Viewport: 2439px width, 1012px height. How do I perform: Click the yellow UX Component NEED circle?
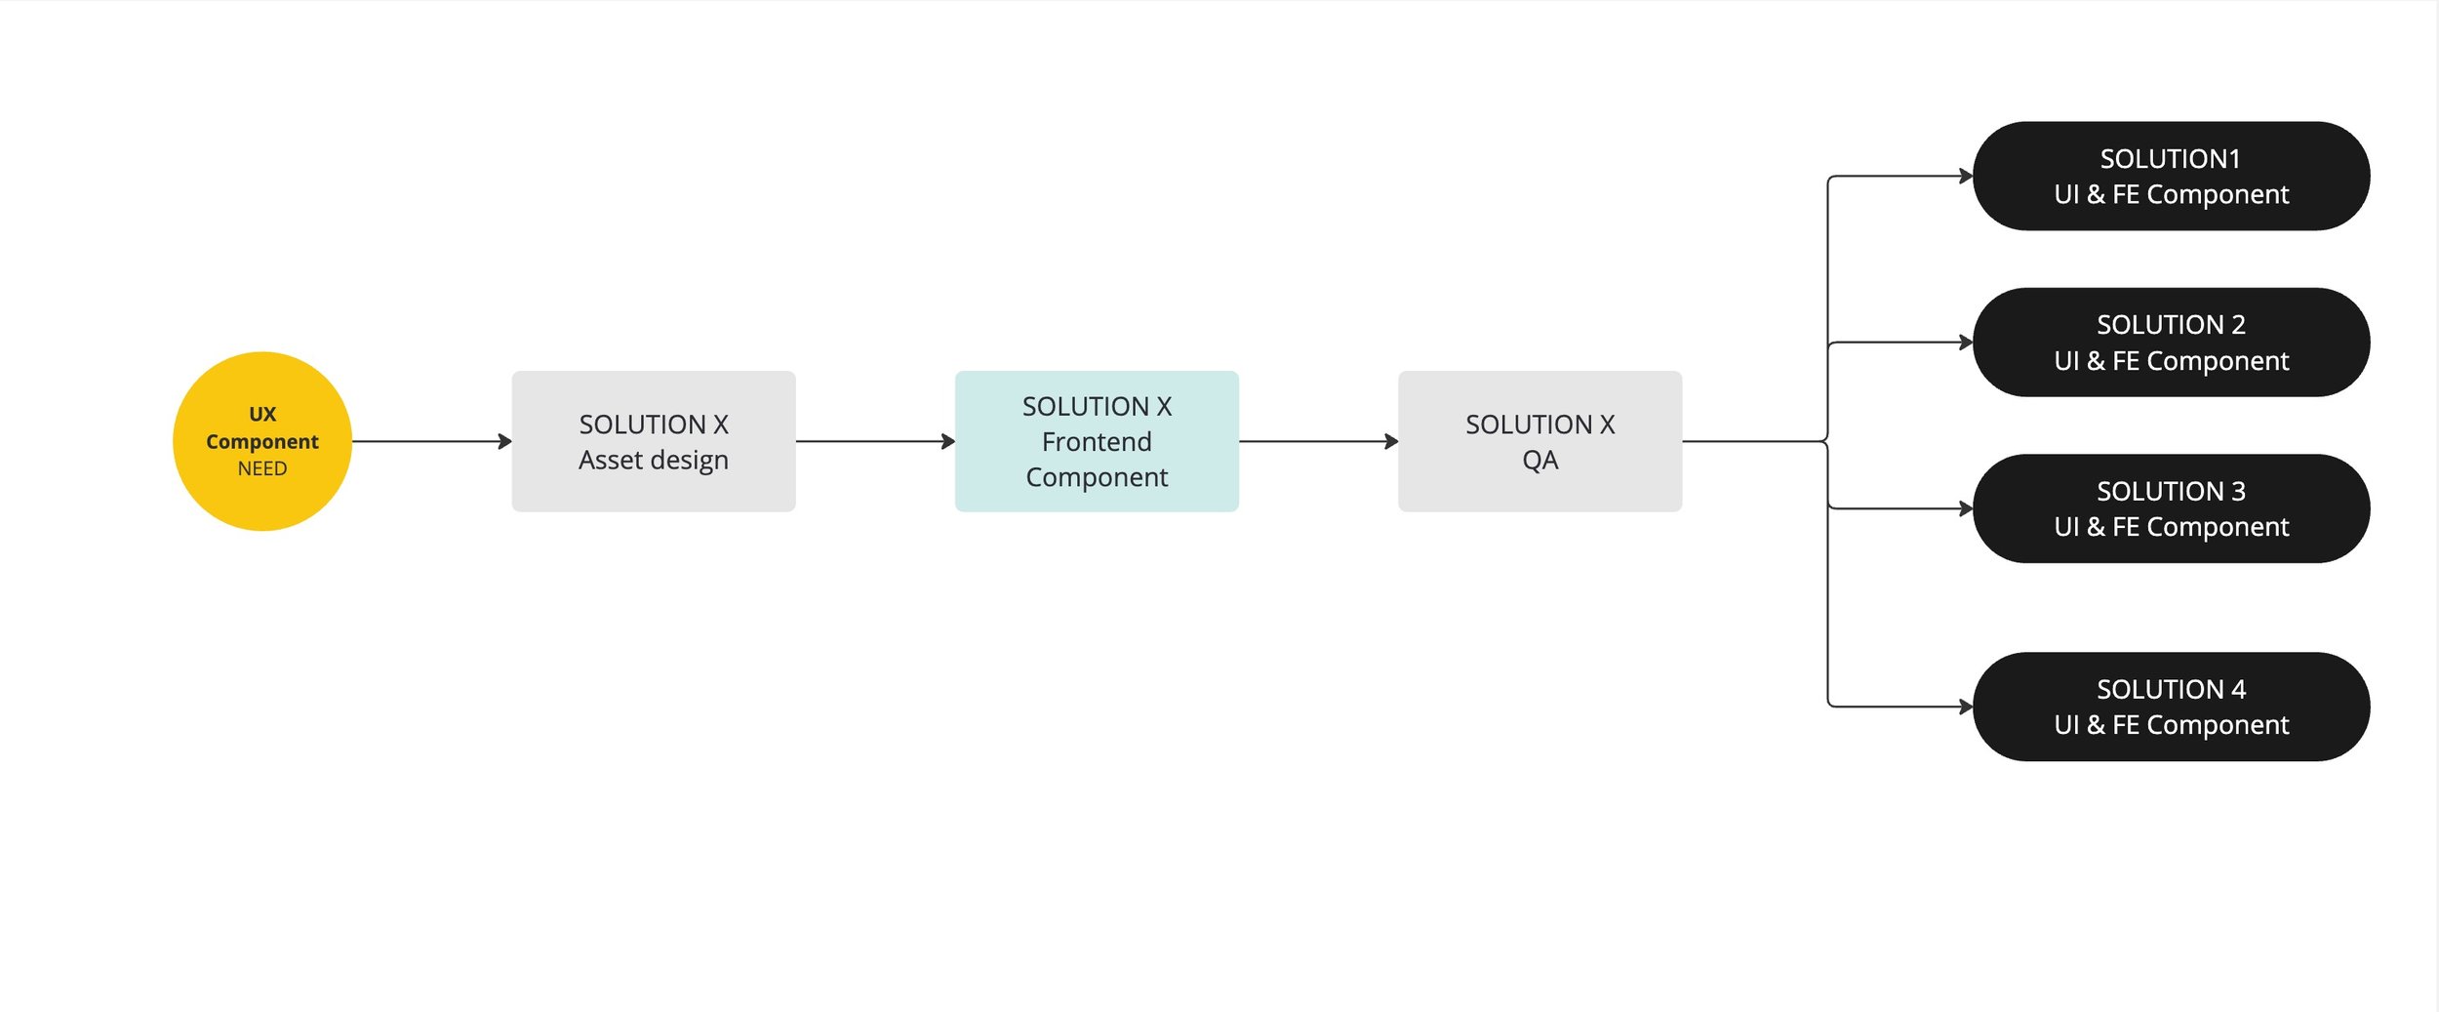coord(262,441)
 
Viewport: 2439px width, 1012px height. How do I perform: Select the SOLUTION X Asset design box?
coord(654,441)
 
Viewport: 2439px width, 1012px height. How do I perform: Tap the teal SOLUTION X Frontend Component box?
coord(1097,441)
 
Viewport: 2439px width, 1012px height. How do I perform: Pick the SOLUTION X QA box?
coord(1539,441)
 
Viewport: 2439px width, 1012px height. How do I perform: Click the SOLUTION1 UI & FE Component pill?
coord(2172,176)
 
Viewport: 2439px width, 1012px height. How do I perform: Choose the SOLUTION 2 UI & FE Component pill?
coord(2172,342)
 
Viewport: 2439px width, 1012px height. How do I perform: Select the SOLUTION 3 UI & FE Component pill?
coord(2172,508)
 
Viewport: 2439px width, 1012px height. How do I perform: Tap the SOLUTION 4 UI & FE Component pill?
coord(2172,707)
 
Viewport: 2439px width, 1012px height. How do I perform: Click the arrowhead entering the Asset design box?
coord(505,441)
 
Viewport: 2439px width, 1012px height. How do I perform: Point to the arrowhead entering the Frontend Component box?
coord(948,441)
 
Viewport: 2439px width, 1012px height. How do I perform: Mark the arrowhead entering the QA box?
coord(1391,441)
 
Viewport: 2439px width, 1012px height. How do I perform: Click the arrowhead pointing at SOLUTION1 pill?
coord(1966,176)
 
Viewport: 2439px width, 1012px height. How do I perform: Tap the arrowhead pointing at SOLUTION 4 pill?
coord(1966,707)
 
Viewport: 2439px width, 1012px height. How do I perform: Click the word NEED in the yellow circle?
coord(262,468)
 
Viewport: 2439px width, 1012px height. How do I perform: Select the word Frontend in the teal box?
coord(1097,442)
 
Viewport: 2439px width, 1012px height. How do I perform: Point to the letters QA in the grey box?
coord(1540,460)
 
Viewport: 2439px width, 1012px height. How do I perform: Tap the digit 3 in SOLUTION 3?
coord(2238,491)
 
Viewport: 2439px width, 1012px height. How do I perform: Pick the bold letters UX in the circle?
coord(262,414)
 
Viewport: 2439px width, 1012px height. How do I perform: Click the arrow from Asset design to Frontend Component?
coord(875,441)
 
